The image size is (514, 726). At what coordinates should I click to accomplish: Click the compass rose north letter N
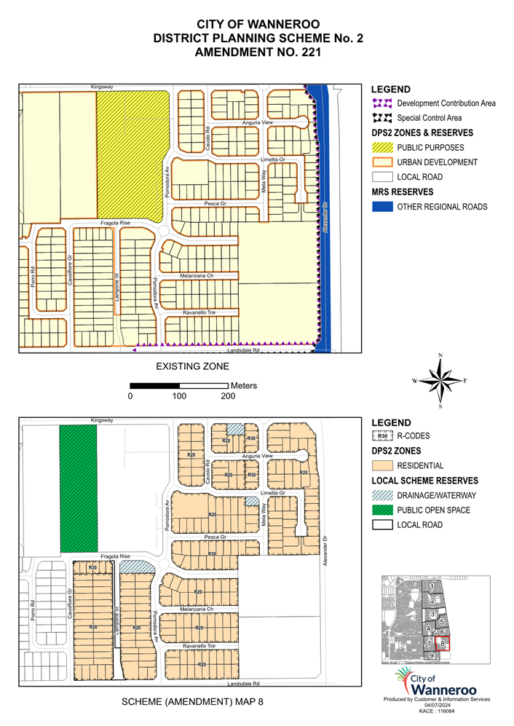[440, 355]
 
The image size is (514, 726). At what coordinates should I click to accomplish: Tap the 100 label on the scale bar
[179, 396]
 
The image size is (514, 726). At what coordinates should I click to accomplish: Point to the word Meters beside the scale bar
[244, 385]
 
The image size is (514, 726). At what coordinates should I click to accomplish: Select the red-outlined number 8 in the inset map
[443, 643]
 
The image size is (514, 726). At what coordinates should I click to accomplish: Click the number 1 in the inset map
[432, 586]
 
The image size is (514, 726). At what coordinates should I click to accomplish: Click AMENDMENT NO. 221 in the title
[257, 52]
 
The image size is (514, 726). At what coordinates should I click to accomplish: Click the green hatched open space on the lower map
[78, 488]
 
